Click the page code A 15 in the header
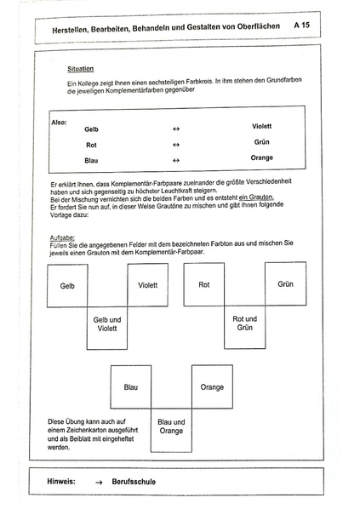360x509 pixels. pos(301,26)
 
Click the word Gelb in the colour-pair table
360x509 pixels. pos(92,129)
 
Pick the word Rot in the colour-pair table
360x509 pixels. pos(90,145)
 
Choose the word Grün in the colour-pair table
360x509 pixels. pos(261,141)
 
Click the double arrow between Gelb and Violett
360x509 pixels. pos(176,129)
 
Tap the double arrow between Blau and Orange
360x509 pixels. pos(176,160)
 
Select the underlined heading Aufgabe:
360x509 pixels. pos(64,236)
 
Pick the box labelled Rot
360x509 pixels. pos(203,284)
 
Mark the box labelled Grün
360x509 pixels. pos(285,284)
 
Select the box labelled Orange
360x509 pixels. pos(212,387)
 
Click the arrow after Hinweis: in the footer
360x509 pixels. pos(99,482)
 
